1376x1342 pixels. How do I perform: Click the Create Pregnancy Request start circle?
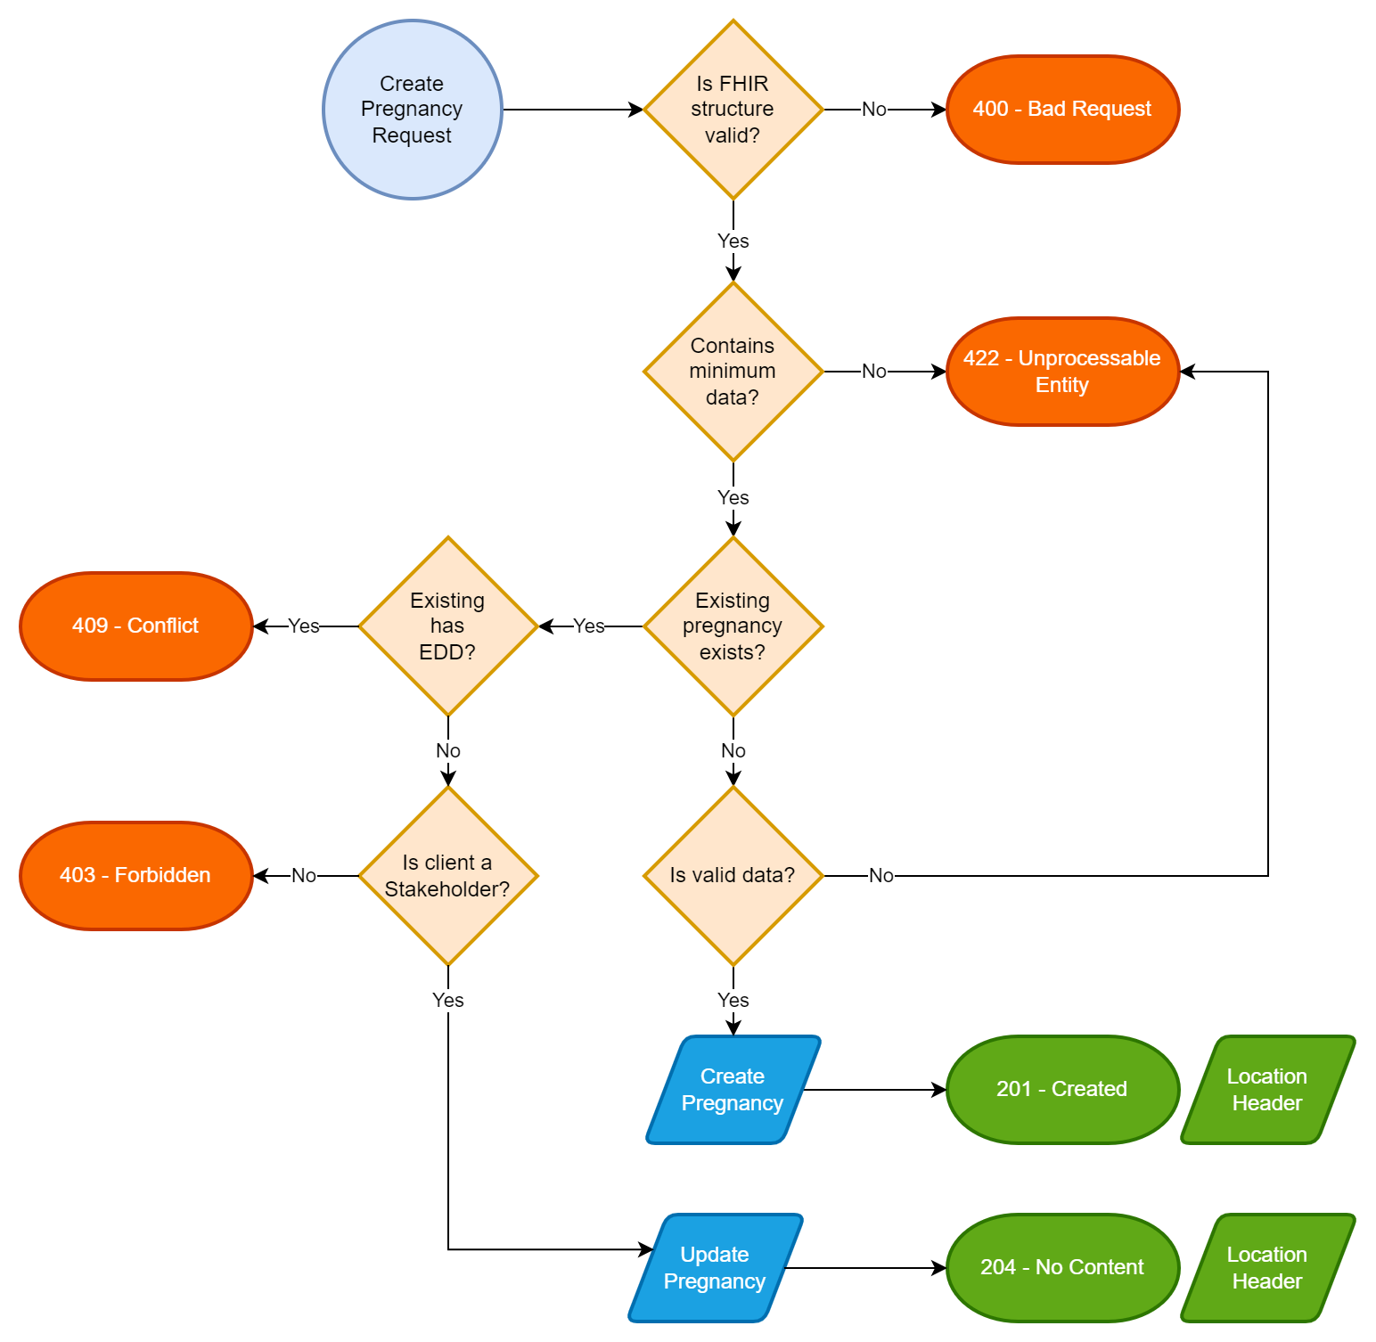click(x=413, y=110)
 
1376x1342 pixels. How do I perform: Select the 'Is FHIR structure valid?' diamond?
click(x=733, y=110)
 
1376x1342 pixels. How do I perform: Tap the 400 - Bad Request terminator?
click(x=1062, y=110)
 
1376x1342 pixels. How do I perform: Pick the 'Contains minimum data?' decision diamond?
click(x=733, y=372)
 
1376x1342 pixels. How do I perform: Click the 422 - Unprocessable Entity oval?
click(x=1062, y=372)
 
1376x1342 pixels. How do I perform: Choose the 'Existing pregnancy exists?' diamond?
click(x=733, y=626)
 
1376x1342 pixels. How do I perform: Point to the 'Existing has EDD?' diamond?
click(x=447, y=626)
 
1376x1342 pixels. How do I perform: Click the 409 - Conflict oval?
click(x=136, y=626)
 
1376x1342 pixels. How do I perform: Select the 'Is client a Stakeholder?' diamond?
click(x=447, y=876)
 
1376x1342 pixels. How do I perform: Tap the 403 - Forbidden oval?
click(x=136, y=876)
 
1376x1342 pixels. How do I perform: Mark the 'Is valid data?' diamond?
click(x=733, y=876)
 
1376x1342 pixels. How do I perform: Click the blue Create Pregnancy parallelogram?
click(x=733, y=1090)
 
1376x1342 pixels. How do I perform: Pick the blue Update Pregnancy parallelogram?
click(x=715, y=1268)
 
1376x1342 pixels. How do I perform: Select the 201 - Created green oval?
click(x=1062, y=1090)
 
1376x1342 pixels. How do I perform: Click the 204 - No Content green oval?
click(x=1062, y=1268)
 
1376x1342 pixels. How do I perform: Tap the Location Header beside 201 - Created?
click(x=1267, y=1090)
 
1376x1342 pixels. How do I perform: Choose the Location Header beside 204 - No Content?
click(x=1267, y=1268)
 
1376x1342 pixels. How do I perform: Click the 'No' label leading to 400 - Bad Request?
click(x=873, y=110)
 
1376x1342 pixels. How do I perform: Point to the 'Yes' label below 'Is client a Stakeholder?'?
click(x=447, y=1001)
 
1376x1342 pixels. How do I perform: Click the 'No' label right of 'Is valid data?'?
click(x=880, y=876)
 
